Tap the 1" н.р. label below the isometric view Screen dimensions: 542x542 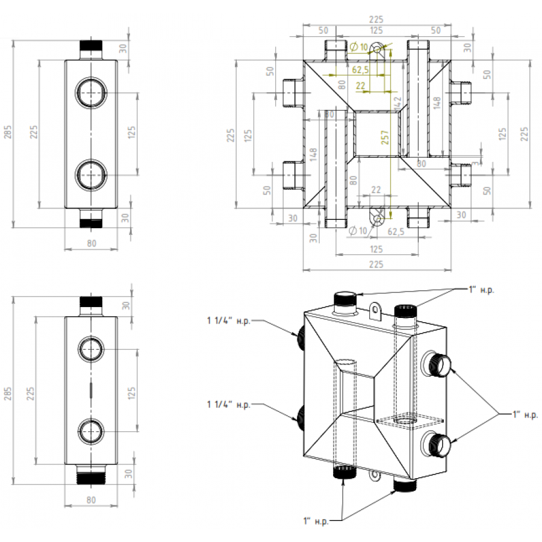coord(316,520)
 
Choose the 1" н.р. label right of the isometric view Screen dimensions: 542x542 coord(525,414)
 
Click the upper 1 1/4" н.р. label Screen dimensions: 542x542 coord(228,321)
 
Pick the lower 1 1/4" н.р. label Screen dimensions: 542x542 coord(228,405)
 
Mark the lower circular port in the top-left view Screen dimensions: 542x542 coord(91,174)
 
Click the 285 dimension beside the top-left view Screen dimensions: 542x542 coord(7,132)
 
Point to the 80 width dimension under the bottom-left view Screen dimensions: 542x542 coord(91,499)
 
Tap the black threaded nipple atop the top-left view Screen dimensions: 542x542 coord(92,47)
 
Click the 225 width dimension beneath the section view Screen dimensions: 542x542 coord(376,263)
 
